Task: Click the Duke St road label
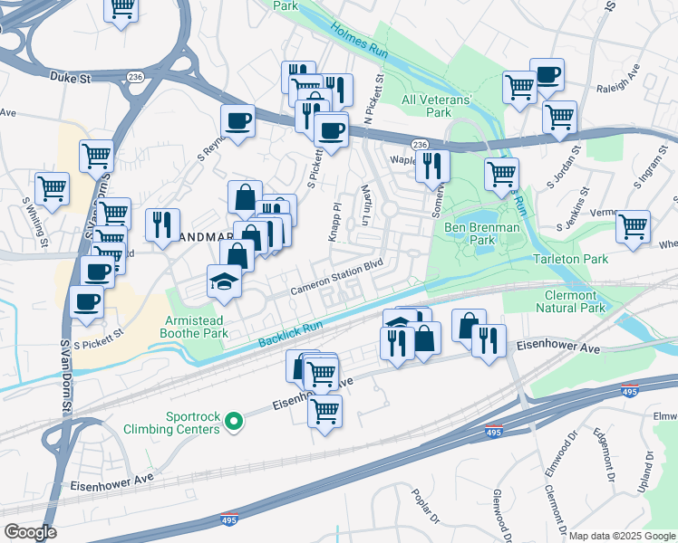pos(72,79)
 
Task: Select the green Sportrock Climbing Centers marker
pos(233,421)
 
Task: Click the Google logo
pos(30,532)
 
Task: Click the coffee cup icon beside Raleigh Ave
pos(547,75)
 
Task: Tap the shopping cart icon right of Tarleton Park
pos(633,226)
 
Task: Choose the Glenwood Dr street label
pos(498,510)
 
